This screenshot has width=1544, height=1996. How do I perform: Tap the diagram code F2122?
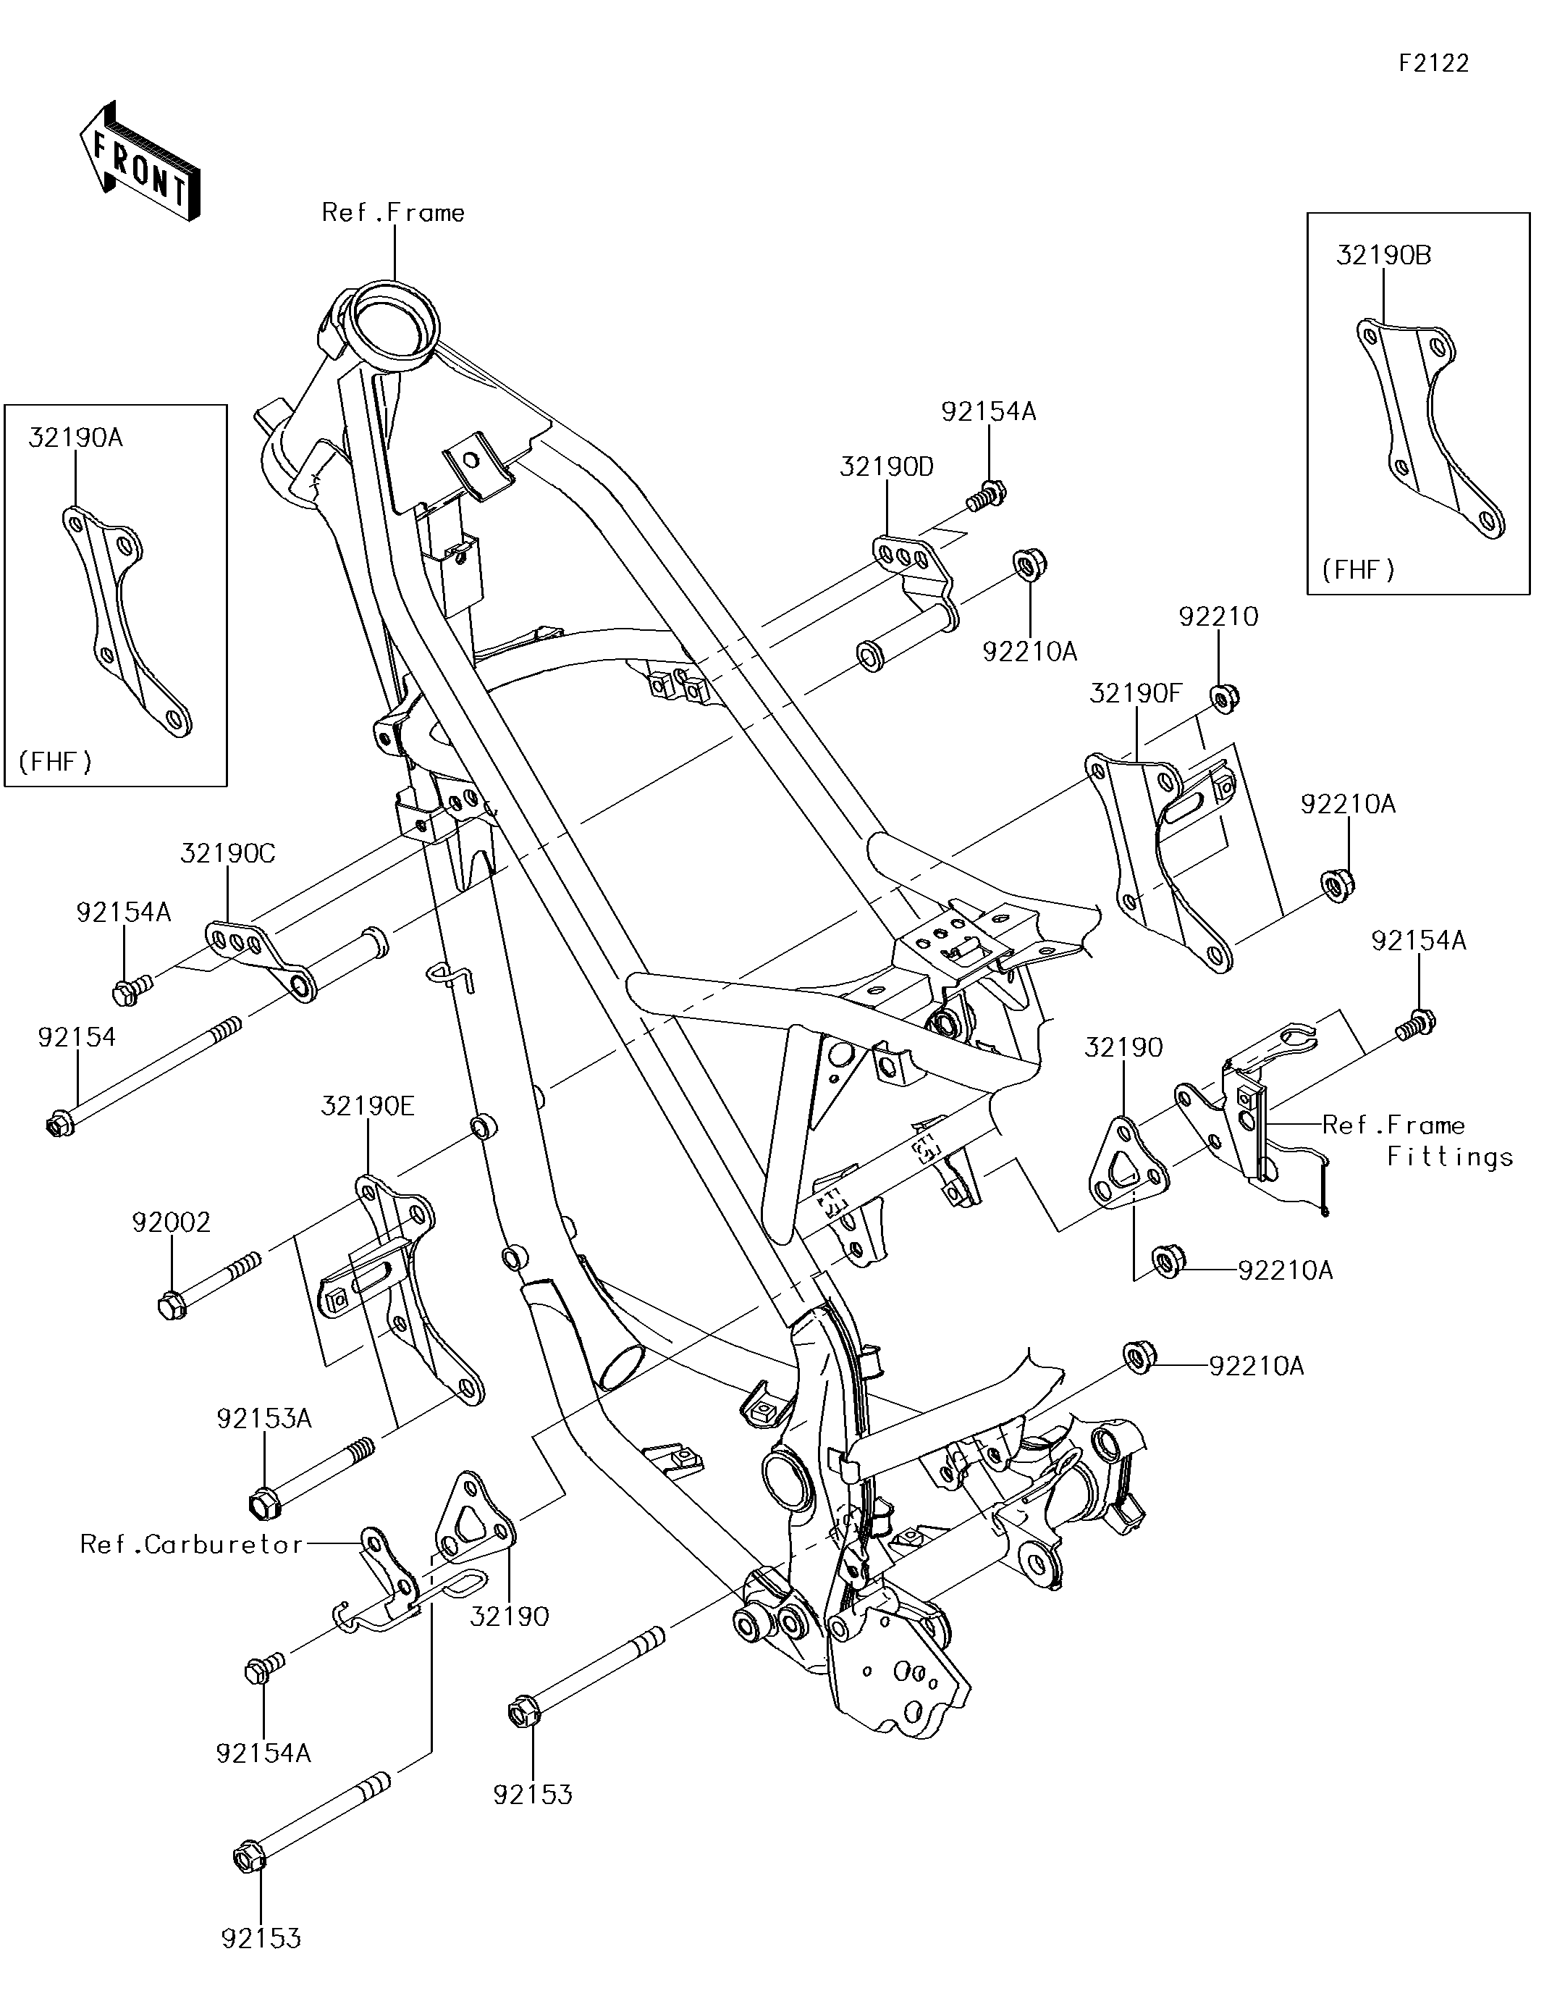tap(1433, 63)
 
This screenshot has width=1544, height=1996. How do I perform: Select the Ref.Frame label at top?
tap(393, 213)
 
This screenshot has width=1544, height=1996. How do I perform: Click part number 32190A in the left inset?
tap(75, 437)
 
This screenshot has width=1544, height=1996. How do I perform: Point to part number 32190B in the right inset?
tap(1383, 255)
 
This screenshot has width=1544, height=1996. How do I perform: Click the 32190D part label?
tap(886, 467)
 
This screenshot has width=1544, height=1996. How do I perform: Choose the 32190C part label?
tap(227, 854)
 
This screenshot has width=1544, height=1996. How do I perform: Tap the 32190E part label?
tap(367, 1107)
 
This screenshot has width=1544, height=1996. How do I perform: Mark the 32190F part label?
tap(1136, 694)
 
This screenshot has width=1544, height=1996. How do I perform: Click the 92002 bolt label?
tap(171, 1222)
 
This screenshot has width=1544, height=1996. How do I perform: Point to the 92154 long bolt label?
tap(77, 1036)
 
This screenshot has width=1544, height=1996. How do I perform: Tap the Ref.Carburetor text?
tap(191, 1545)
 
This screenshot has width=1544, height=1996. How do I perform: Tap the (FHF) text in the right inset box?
tap(1359, 570)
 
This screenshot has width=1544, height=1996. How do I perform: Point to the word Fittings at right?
tap(1450, 1157)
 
